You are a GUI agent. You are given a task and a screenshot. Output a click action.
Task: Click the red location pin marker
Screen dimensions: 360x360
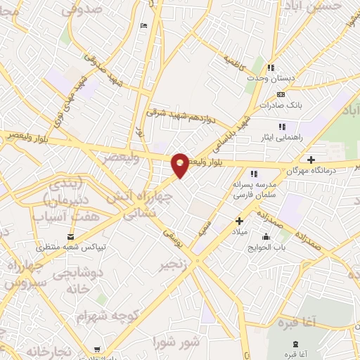tap(180, 164)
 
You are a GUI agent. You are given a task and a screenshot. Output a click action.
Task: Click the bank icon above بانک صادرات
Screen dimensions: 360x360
tap(281, 94)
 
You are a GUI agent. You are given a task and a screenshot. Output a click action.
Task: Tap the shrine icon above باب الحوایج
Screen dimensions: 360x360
tap(266, 236)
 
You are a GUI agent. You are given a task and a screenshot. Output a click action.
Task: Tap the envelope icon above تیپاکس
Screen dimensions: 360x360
tap(71, 236)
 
